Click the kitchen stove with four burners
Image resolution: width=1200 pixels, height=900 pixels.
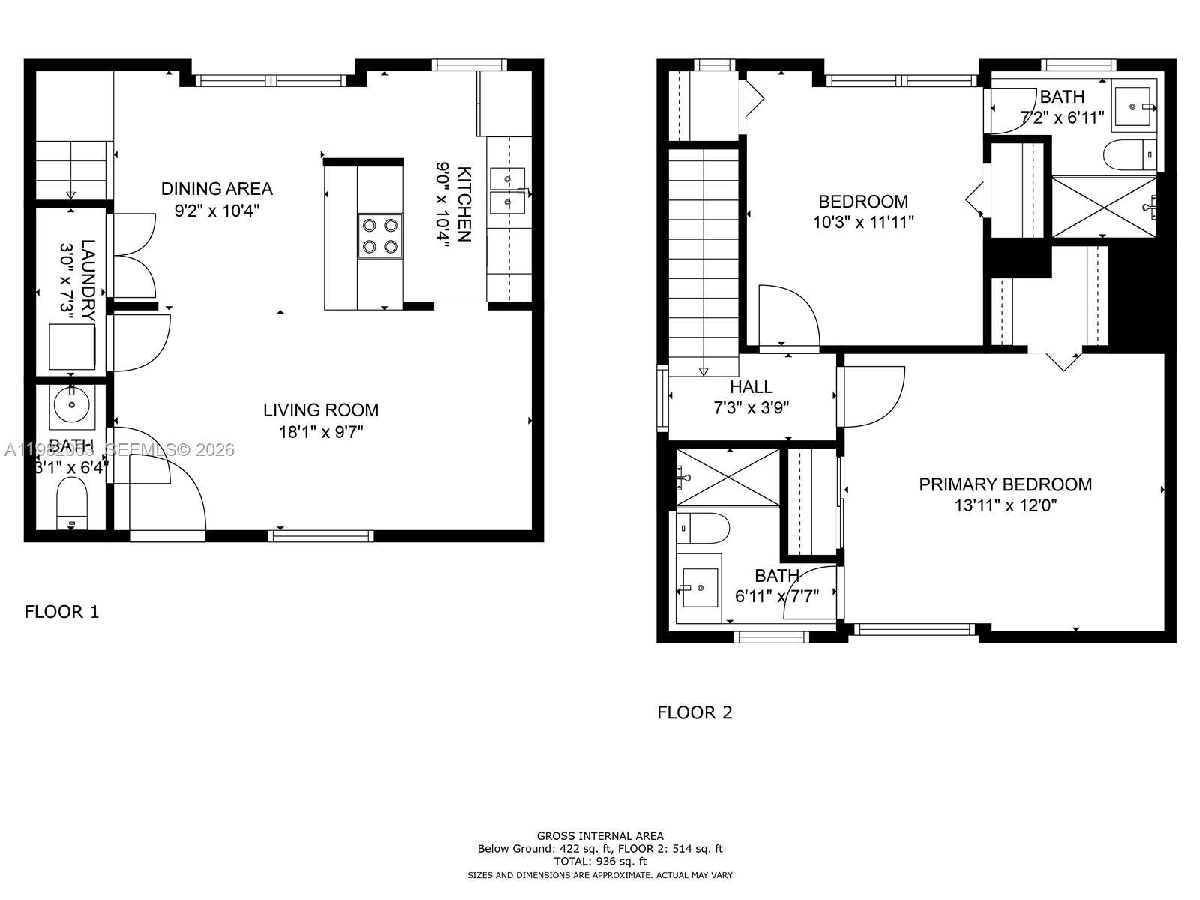click(x=379, y=236)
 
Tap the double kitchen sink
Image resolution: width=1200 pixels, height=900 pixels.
click(x=508, y=190)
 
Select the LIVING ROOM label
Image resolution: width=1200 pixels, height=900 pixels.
click(x=320, y=410)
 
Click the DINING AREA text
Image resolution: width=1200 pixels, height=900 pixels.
click(x=217, y=189)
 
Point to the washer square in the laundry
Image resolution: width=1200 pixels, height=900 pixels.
click(x=72, y=346)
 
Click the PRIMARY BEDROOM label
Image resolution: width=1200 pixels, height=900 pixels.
click(x=1005, y=484)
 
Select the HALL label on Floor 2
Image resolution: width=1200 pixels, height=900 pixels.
click(x=751, y=387)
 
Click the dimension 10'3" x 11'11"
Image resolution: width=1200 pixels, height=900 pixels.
click(x=863, y=223)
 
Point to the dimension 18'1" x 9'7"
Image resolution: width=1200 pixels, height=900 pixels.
click(x=320, y=432)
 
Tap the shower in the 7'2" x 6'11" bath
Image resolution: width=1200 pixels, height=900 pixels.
click(x=1104, y=206)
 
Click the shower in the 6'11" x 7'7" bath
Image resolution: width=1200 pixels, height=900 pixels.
click(x=728, y=477)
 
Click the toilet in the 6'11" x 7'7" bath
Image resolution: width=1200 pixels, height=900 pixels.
click(x=705, y=529)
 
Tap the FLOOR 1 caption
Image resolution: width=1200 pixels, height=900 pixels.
click(x=61, y=612)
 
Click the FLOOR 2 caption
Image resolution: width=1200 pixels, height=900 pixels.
click(x=694, y=712)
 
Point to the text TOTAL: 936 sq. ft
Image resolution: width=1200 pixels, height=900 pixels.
click(x=600, y=862)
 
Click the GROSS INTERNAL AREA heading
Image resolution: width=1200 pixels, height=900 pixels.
click(x=600, y=835)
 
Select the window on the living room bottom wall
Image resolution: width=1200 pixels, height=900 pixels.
click(x=321, y=535)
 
